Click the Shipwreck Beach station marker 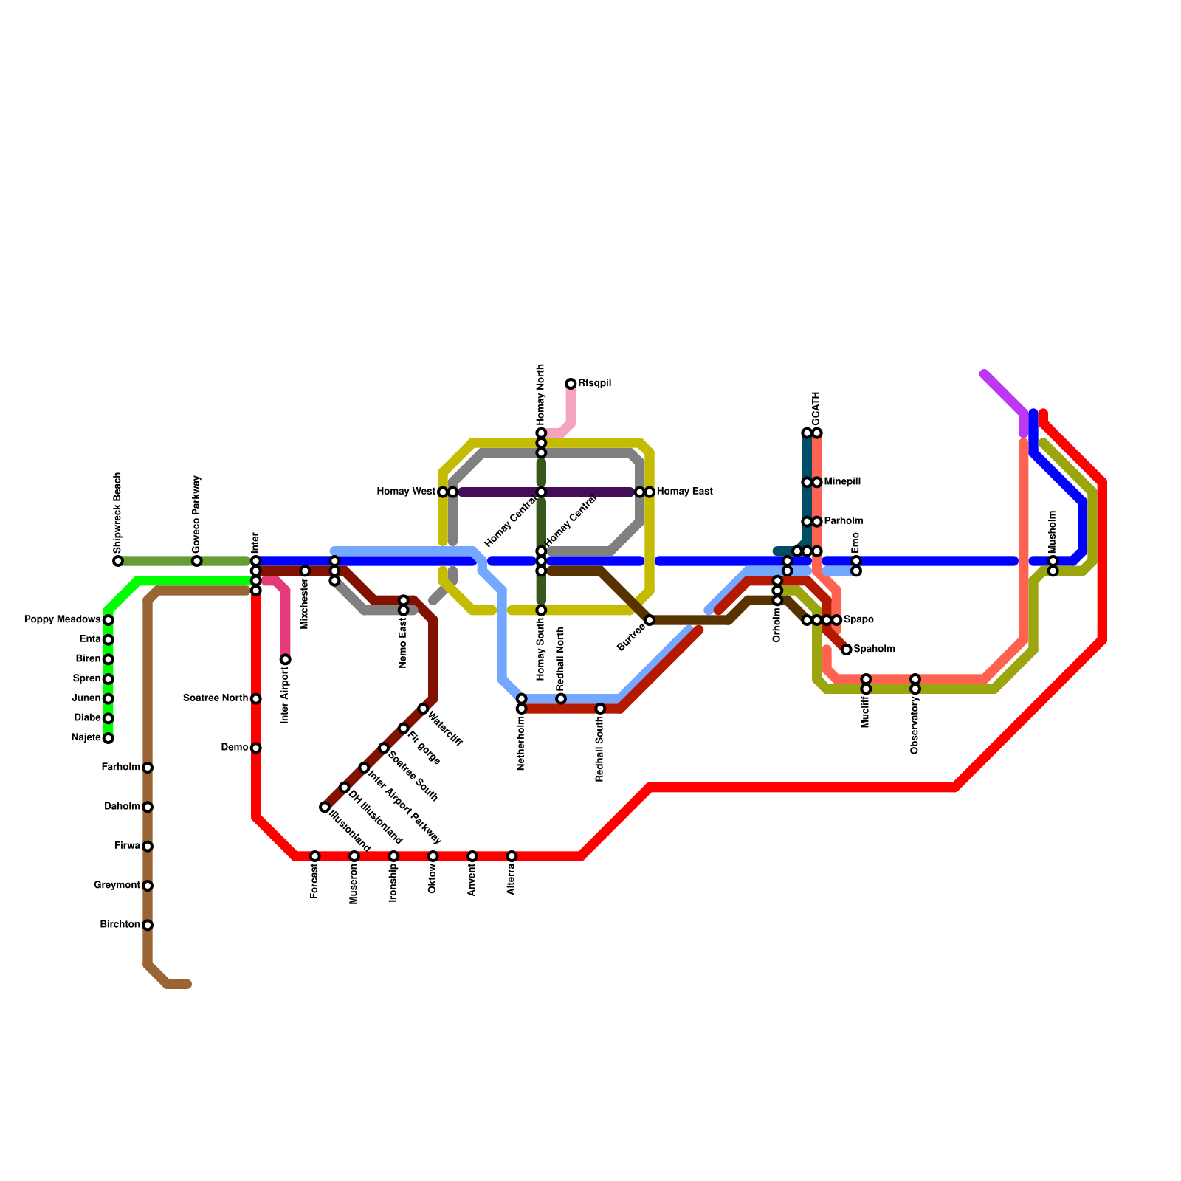[118, 562]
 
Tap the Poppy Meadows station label [62, 619]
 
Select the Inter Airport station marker [286, 659]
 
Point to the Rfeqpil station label [594, 384]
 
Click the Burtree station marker [650, 620]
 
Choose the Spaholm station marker [847, 650]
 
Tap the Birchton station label [120, 925]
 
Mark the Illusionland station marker [325, 808]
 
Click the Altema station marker [512, 856]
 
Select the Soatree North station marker [256, 699]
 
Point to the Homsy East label [684, 492]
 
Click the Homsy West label [406, 492]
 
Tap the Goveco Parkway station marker [197, 562]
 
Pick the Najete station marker [109, 738]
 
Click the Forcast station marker [315, 856]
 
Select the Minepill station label [841, 482]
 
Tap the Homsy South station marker [541, 610]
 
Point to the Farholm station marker [148, 768]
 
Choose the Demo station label [234, 748]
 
